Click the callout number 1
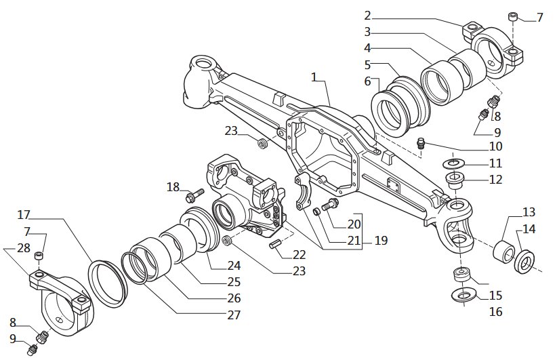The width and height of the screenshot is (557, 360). point(314,77)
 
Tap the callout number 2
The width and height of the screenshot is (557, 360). point(367,16)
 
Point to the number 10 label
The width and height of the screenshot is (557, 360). point(495,146)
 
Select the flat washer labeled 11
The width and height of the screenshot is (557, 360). point(453,163)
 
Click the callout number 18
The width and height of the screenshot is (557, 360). point(173,187)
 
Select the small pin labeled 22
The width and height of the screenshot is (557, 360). point(276,244)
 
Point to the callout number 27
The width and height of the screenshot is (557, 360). point(233,315)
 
